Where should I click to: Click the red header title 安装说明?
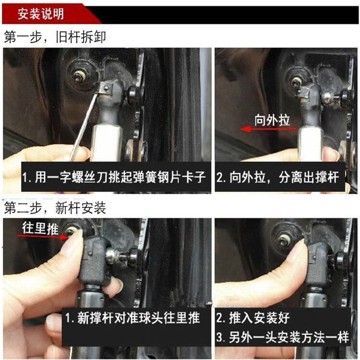[41, 14]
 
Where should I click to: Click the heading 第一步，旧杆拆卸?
[55, 37]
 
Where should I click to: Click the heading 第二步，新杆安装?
[55, 208]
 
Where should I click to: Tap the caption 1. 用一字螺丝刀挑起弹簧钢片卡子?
[114, 177]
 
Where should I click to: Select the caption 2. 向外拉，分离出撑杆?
[278, 177]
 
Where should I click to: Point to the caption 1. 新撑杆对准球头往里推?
[132, 318]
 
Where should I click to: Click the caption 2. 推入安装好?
[253, 318]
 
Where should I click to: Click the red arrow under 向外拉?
[268, 129]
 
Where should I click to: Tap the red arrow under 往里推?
[43, 237]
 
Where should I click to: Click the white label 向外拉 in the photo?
[272, 120]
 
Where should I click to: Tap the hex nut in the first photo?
[79, 75]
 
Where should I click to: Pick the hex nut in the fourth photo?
[283, 241]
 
